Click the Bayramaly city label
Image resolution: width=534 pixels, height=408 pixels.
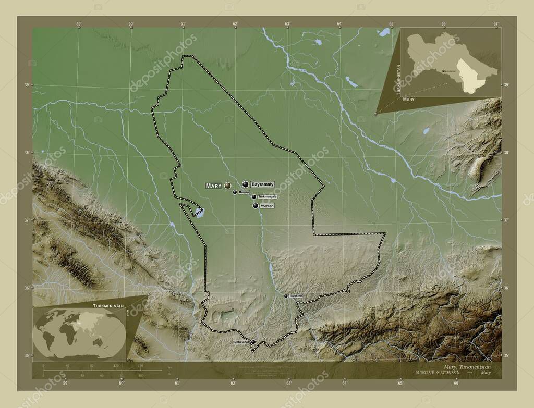point(262,184)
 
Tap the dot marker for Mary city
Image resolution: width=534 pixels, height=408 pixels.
point(227,185)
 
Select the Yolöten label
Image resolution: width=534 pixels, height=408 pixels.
point(266,206)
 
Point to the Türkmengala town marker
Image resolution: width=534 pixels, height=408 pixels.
point(254,196)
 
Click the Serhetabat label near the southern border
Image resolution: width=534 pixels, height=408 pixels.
point(241,342)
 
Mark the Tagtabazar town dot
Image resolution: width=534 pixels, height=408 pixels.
point(286,296)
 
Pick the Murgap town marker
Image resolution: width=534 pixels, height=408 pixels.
point(235,192)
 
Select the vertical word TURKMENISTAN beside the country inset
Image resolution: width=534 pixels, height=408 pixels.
point(398,79)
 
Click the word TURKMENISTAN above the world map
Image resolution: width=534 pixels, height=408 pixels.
point(108,303)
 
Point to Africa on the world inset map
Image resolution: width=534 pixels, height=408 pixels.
point(65,333)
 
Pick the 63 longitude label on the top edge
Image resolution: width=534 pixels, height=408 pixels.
point(287,23)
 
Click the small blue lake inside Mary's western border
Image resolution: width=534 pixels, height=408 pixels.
point(199,212)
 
